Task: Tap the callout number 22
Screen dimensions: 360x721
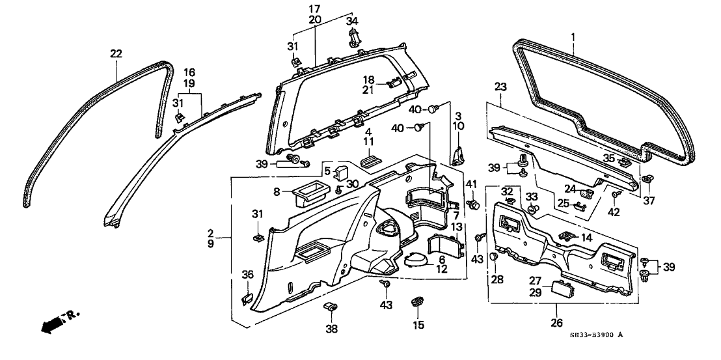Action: [116, 54]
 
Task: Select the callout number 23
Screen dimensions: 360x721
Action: [500, 86]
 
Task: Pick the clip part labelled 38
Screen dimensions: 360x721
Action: [331, 307]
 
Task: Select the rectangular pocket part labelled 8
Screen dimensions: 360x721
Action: [308, 193]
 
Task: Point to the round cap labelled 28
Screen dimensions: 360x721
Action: [492, 257]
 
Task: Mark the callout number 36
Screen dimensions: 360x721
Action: [247, 274]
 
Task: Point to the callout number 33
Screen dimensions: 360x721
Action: [532, 196]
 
